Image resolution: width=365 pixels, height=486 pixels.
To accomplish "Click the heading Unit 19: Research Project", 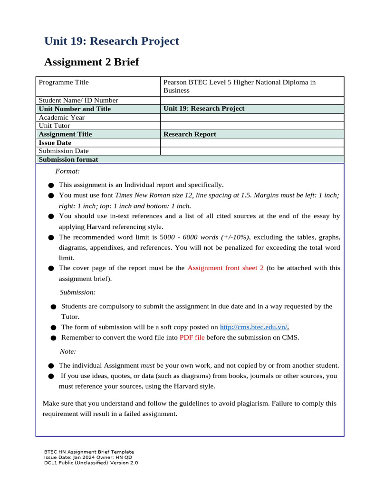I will coord(112,41).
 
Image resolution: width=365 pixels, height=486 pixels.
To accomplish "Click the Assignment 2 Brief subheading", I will coord(91,62).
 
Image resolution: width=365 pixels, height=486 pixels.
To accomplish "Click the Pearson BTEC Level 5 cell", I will coord(239,86).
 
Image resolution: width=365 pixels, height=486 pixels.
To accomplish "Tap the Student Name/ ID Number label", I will coord(78,100).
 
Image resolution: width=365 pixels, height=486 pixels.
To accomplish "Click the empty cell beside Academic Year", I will coord(252,117).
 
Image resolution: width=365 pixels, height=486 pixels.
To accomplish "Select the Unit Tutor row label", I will coord(54,126).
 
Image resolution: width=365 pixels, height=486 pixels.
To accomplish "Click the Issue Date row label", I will coord(55,143).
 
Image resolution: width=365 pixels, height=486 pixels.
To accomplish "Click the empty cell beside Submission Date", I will coord(252,151).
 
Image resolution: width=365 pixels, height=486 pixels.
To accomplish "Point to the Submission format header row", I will coord(68,159).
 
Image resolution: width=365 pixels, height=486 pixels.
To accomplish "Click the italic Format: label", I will coord(67,171).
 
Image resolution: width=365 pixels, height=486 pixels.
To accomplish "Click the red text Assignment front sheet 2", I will coord(225,268).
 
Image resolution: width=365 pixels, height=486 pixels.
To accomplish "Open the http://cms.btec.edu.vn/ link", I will coord(254,327).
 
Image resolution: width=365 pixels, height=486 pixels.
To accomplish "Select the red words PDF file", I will coord(192,337).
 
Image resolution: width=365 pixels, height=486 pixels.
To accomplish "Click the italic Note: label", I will coord(68,351).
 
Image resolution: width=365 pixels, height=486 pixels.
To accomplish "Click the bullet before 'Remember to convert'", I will coord(53,338).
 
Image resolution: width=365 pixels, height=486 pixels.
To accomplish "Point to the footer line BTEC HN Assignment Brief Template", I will coord(89,452).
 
